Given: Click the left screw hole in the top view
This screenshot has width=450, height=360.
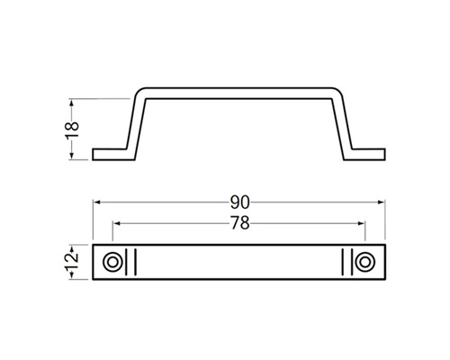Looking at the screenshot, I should click(x=113, y=262).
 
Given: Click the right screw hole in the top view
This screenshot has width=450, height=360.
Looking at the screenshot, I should click(x=364, y=262).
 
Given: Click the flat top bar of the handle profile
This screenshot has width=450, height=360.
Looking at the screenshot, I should click(x=239, y=90).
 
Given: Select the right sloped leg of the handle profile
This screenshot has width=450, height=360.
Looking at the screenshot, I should click(x=343, y=123).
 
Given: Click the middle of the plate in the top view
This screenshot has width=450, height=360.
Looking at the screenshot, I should click(x=239, y=262).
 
